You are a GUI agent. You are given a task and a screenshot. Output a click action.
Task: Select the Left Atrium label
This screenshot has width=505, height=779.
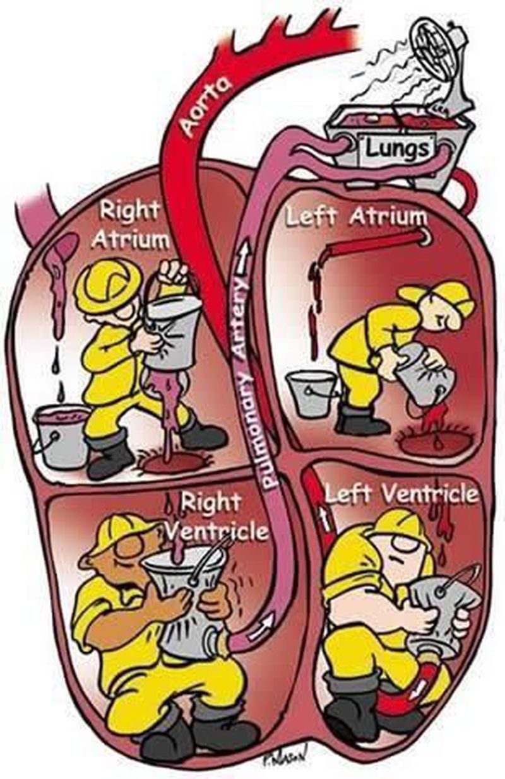[x=357, y=216]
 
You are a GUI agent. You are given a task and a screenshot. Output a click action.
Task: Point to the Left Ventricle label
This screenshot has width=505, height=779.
[x=401, y=493]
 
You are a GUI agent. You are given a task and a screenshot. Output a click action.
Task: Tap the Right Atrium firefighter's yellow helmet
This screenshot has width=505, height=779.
[x=107, y=284]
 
